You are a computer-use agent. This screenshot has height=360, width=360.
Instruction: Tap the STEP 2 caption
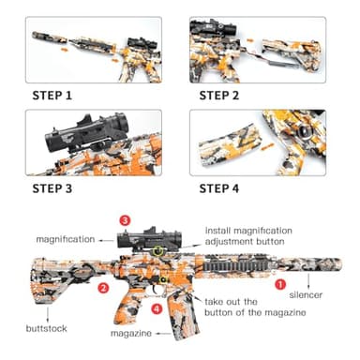[226, 95]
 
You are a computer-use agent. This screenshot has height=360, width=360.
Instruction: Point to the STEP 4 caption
[226, 188]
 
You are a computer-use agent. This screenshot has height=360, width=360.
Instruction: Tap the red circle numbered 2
[104, 289]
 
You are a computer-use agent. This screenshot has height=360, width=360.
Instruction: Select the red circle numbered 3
[125, 220]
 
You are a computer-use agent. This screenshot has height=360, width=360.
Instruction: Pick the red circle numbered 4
[157, 308]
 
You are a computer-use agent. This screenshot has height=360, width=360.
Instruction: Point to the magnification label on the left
[67, 239]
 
